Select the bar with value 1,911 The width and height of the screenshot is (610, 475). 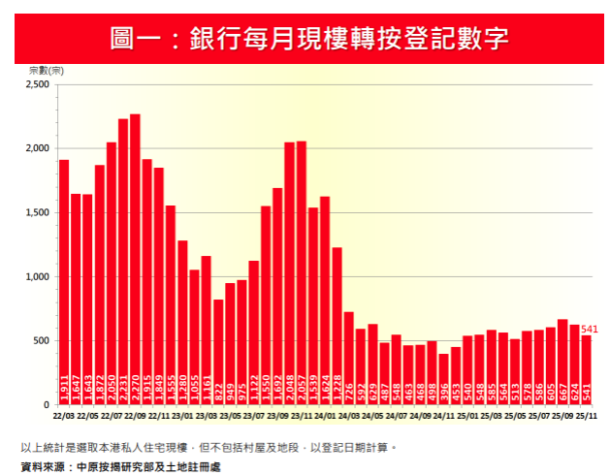[x=64, y=282]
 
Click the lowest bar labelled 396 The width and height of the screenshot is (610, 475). [x=443, y=379]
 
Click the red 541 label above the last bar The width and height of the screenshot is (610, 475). [x=590, y=330]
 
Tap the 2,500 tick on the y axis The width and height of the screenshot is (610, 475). [x=36, y=84]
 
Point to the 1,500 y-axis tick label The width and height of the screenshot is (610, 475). [x=36, y=212]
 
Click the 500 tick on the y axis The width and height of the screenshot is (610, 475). [x=41, y=340]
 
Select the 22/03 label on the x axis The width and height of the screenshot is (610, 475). [x=64, y=415]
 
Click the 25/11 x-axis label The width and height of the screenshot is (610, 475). [x=586, y=415]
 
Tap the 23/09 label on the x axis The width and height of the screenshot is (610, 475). [x=277, y=415]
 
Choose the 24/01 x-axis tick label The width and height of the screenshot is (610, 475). [x=325, y=415]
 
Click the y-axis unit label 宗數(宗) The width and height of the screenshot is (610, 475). [x=47, y=72]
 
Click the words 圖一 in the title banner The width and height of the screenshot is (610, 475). [x=135, y=39]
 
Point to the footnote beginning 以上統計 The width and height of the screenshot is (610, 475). [x=208, y=448]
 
